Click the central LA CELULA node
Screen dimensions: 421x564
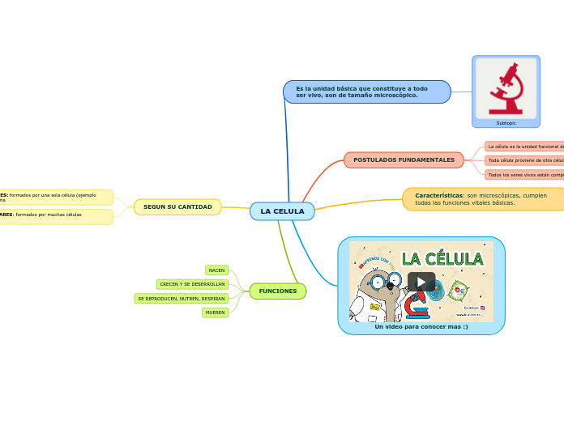coord(282,211)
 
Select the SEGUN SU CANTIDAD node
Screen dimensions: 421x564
coord(177,207)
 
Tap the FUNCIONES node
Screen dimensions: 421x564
coord(277,291)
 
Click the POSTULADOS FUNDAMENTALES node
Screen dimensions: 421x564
coord(404,160)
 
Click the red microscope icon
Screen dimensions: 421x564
coord(506,88)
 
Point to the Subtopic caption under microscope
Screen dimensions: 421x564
coord(506,123)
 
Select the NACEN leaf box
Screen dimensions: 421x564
coord(216,270)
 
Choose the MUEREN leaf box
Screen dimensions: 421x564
coord(215,313)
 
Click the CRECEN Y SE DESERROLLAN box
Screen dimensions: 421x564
coord(192,284)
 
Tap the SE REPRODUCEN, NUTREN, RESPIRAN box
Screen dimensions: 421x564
coord(181,299)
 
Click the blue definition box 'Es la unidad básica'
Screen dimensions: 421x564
coord(366,91)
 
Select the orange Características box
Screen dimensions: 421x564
coord(483,199)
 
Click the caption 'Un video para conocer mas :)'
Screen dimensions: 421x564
coord(421,326)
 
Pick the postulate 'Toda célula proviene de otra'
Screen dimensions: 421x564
coord(524,160)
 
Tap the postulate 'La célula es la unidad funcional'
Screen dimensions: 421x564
coord(524,147)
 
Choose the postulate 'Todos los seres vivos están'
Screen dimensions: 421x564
coord(524,174)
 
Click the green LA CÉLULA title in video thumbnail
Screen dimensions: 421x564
coord(442,259)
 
